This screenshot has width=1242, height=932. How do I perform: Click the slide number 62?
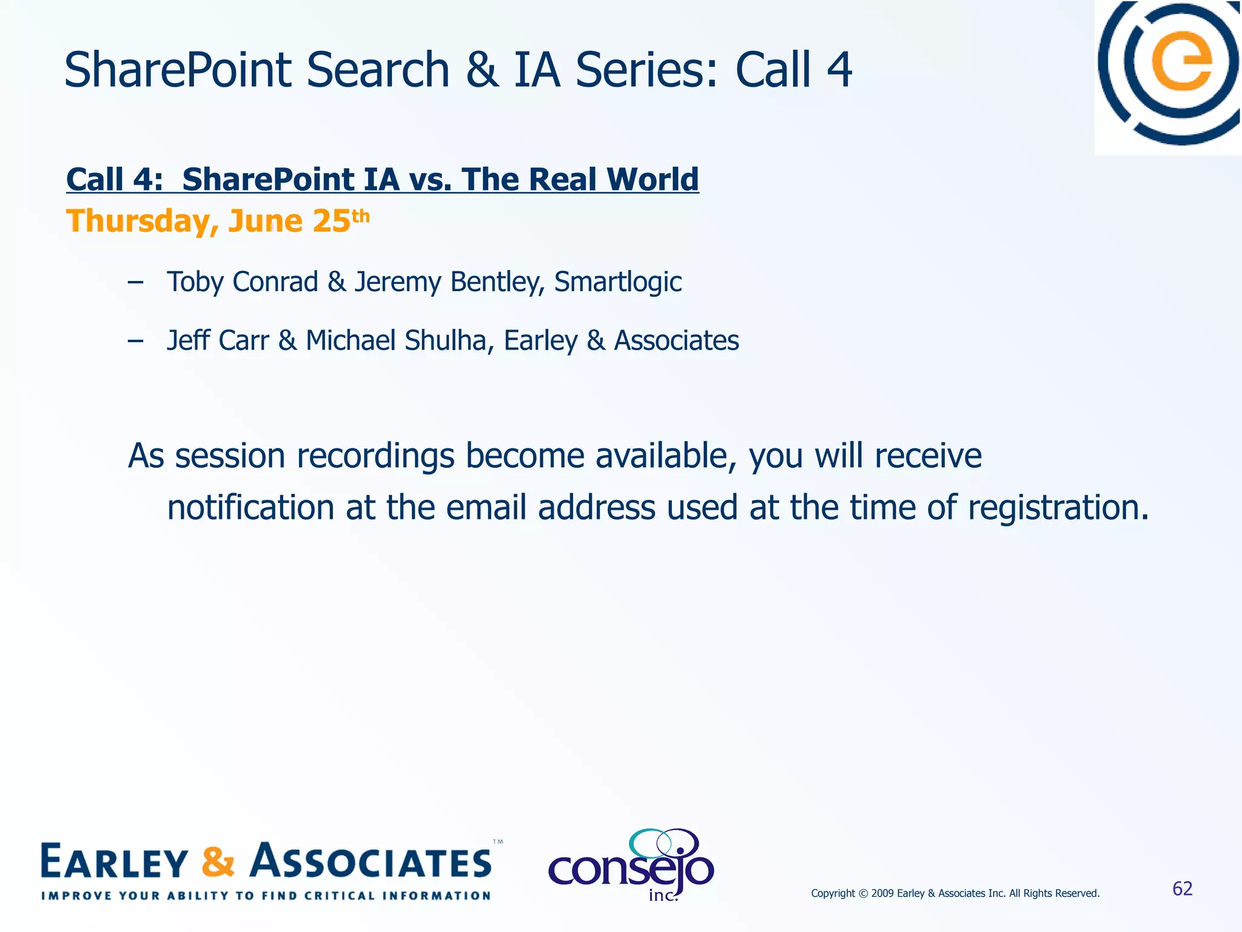tap(1183, 889)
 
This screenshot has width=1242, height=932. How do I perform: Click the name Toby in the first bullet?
tap(193, 282)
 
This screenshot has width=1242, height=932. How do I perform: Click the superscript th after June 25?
tap(360, 216)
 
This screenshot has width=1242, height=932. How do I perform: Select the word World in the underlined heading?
tap(653, 180)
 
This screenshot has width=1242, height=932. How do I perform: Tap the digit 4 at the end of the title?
tap(839, 70)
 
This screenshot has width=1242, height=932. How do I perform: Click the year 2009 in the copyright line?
tap(882, 893)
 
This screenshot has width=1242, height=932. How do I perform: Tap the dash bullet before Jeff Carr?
tap(136, 341)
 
